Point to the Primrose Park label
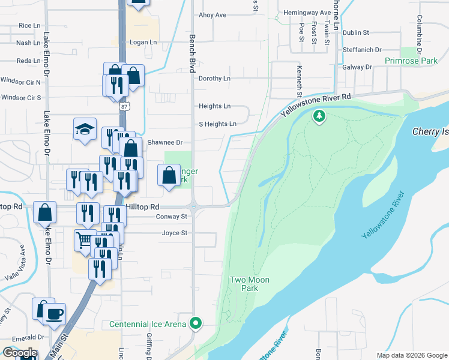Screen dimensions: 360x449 (411, 61)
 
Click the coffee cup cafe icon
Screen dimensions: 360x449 (55, 314)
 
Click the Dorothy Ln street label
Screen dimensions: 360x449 (214, 79)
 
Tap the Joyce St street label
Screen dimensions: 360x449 (174, 233)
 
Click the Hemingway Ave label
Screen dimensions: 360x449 (308, 12)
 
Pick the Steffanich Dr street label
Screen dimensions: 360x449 (362, 50)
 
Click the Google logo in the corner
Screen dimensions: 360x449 (20, 352)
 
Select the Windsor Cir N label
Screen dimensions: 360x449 (20, 82)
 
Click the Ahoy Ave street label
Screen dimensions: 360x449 (212, 15)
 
